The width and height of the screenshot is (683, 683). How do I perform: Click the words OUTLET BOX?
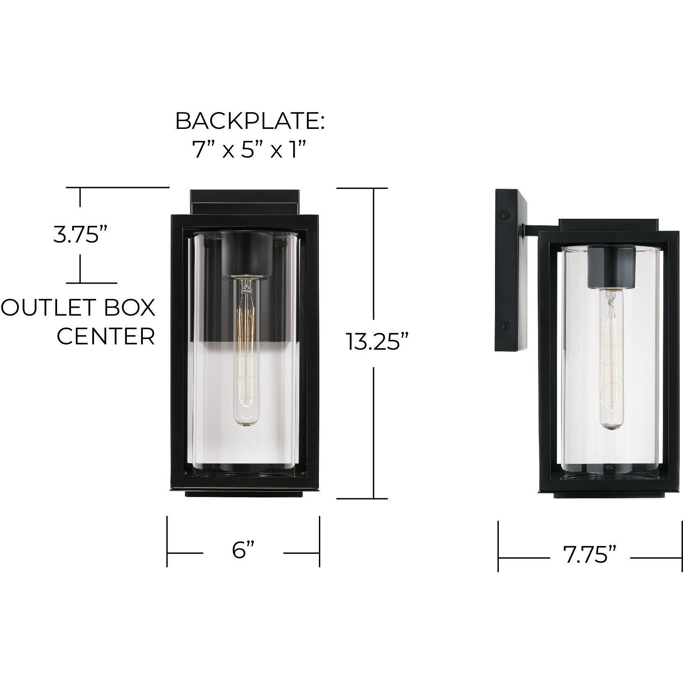(x=78, y=307)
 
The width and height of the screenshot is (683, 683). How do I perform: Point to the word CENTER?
(x=106, y=337)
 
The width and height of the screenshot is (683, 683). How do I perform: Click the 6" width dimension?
(x=243, y=550)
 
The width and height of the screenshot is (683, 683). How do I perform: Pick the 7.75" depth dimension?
(x=589, y=556)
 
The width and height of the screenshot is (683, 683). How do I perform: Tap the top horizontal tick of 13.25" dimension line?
(x=362, y=188)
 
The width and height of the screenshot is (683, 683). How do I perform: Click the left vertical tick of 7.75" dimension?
(x=498, y=546)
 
